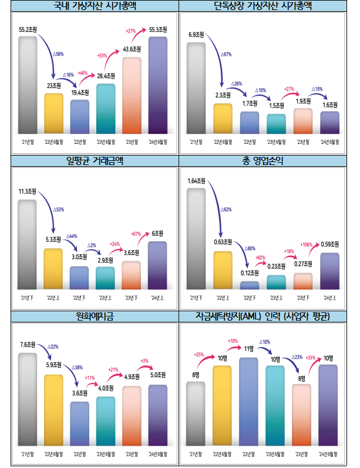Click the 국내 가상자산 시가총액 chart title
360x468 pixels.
95,8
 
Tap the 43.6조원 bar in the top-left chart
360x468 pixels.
132,96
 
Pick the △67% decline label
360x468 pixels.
227,55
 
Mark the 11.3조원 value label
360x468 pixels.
27,191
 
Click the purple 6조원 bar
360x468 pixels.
158,265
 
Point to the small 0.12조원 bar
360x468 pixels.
250,285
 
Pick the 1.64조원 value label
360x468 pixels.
197,180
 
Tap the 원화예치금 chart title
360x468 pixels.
95,317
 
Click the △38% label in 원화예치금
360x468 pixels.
77,367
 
